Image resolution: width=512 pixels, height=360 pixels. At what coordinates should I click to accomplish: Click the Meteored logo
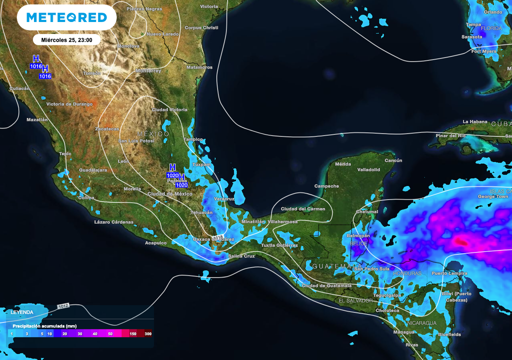[66, 18]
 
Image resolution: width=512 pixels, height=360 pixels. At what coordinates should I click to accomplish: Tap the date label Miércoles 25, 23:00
[67, 40]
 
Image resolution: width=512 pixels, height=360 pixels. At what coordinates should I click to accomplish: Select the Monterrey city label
[148, 71]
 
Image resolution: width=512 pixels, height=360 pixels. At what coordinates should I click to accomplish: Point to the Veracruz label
[224, 198]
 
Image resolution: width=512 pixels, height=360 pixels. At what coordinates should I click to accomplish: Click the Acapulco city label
[155, 242]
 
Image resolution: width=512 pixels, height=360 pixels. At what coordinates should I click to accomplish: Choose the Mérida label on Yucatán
[343, 164]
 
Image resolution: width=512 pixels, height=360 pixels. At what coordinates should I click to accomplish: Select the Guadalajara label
[93, 170]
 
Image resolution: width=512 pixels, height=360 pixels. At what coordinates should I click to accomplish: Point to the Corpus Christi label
[201, 27]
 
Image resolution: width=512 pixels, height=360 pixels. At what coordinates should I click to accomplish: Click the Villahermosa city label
[283, 221]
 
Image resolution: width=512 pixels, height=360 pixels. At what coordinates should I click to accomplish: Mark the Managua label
[403, 332]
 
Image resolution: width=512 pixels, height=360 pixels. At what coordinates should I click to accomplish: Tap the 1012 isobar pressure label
[63, 306]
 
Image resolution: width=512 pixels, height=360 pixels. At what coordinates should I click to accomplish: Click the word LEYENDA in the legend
[22, 312]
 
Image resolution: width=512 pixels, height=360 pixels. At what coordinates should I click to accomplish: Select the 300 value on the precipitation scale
[148, 333]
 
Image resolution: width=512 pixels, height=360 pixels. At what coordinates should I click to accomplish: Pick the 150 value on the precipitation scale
[132, 333]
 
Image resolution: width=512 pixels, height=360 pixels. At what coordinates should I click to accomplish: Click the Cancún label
[393, 160]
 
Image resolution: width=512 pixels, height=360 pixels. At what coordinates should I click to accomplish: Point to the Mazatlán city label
[37, 120]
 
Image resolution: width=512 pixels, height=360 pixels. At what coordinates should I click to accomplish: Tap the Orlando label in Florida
[492, 12]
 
